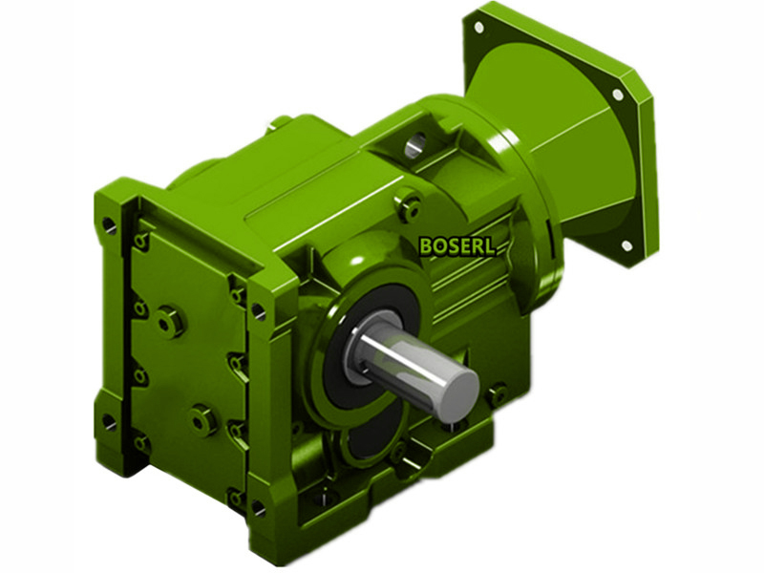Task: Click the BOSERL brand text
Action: (x=457, y=245)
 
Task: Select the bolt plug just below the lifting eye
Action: (x=411, y=202)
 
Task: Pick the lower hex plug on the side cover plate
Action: (x=202, y=419)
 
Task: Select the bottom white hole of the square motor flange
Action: (x=627, y=245)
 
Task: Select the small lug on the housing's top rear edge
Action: (x=279, y=121)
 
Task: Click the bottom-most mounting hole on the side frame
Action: (x=236, y=497)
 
